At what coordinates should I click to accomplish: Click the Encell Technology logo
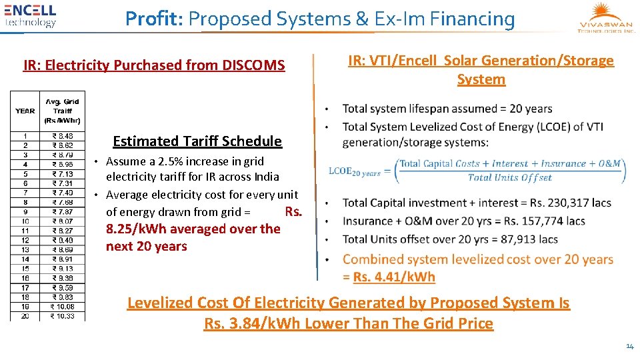coord(31,15)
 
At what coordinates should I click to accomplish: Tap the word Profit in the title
coord(153,19)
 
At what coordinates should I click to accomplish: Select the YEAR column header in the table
coord(25,111)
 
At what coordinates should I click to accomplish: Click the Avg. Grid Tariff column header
coord(62,111)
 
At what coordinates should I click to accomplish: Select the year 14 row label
coord(25,259)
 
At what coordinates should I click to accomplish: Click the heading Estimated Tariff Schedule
coord(197,141)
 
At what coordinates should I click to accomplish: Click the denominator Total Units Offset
coord(510,177)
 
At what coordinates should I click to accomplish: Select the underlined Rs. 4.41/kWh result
coord(394,277)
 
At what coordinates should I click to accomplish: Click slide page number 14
coord(629,346)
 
